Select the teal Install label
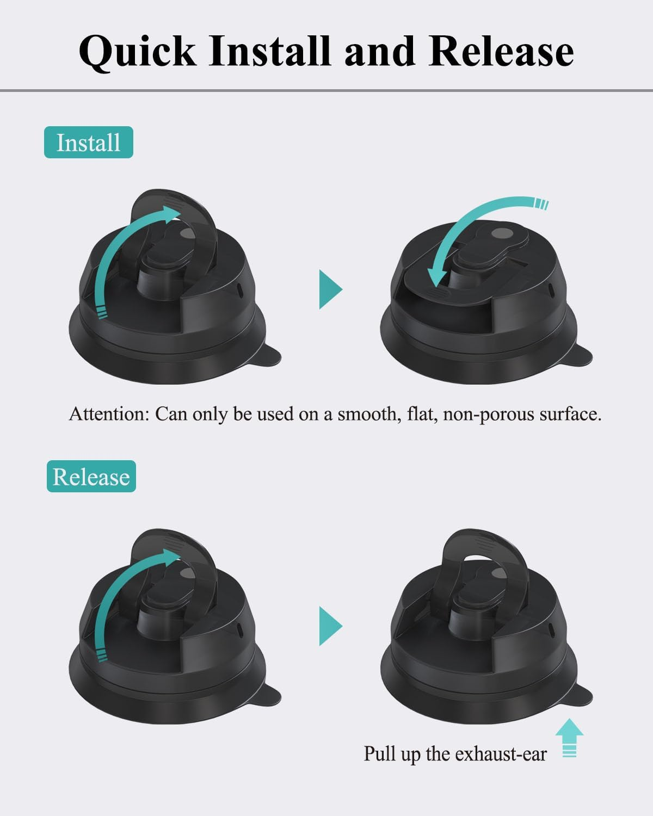88,143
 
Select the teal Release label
91,477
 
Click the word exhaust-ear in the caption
500,754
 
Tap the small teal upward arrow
569,738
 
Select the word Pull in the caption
379,754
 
